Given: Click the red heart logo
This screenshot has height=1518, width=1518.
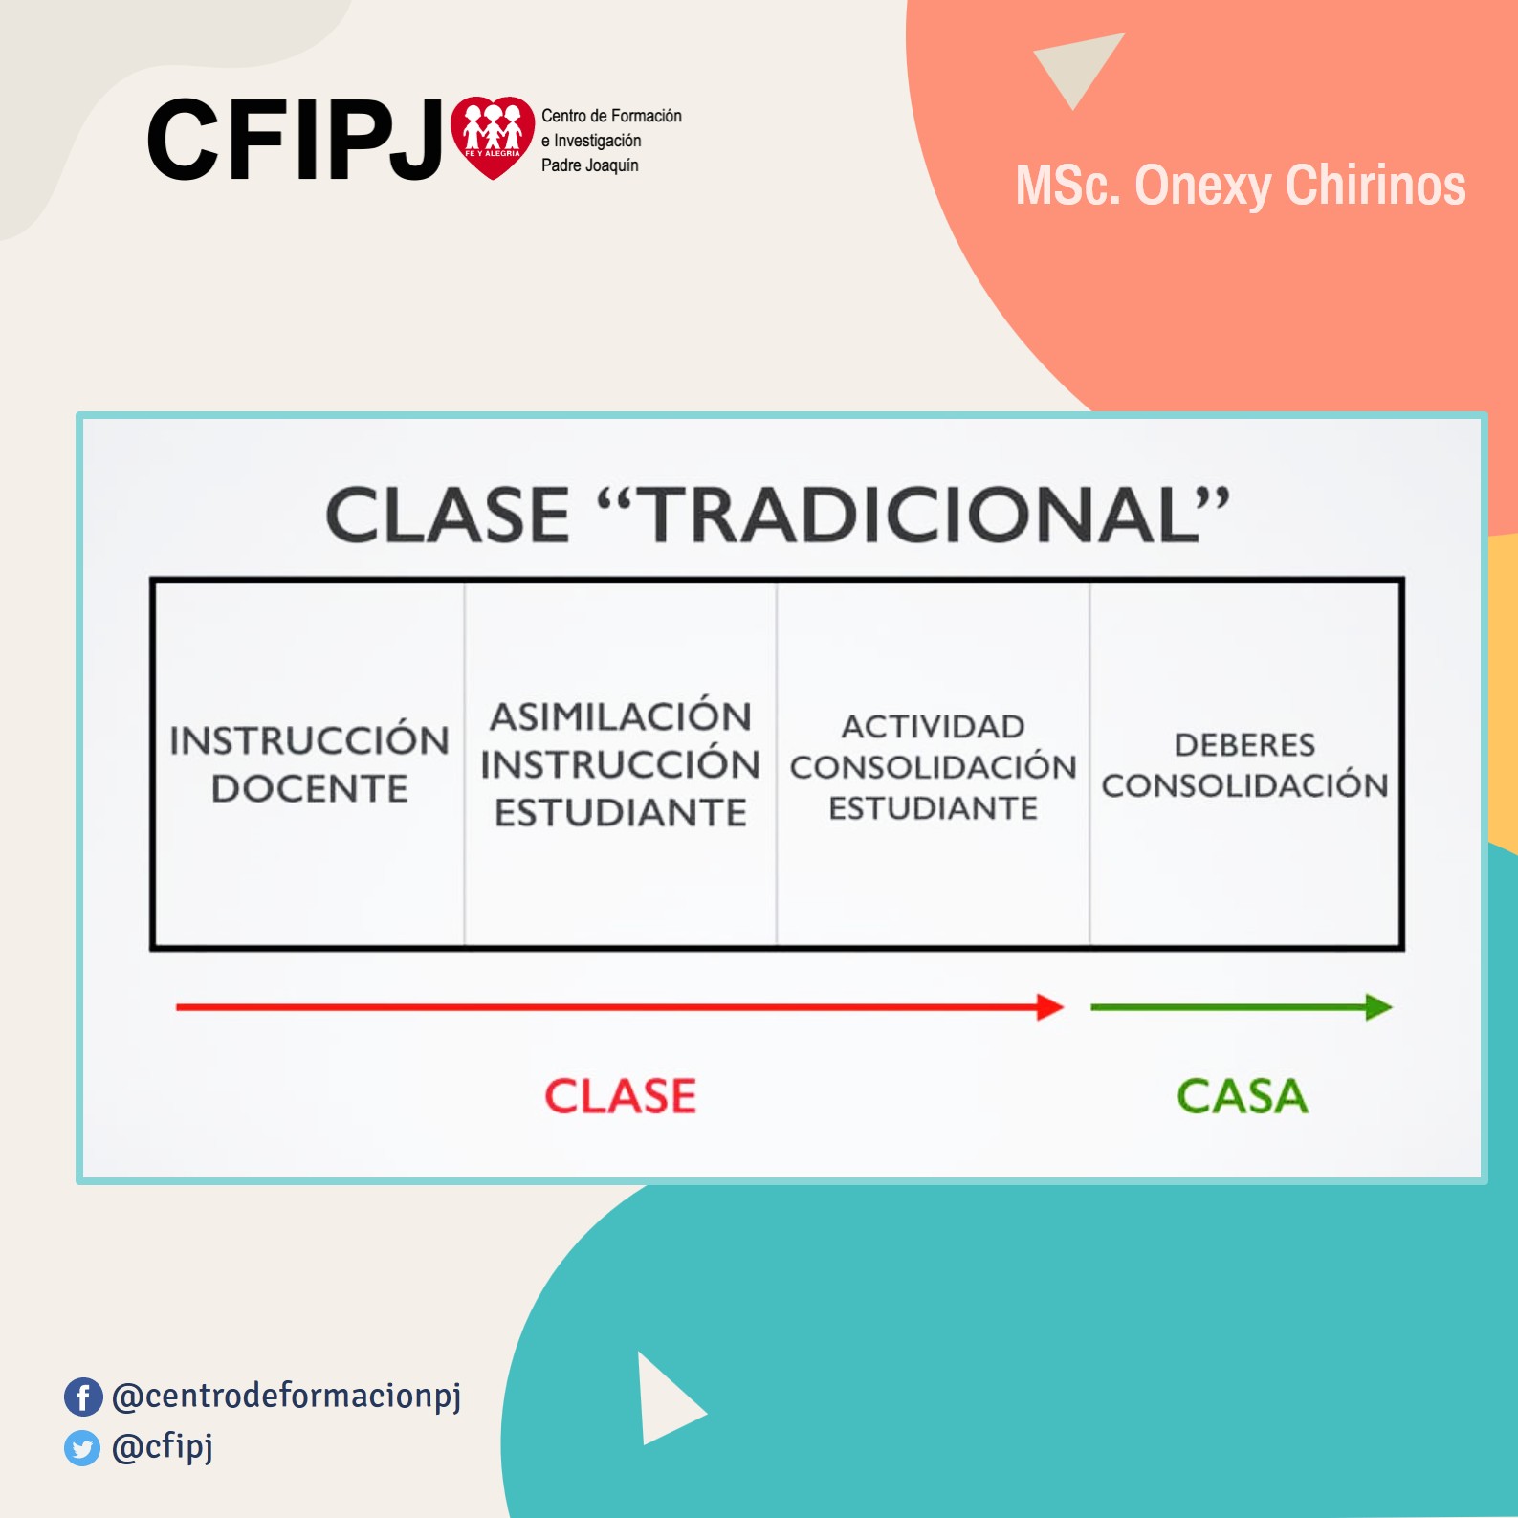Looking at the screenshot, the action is pos(493,137).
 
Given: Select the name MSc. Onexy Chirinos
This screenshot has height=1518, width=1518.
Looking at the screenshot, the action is pos(1241,186).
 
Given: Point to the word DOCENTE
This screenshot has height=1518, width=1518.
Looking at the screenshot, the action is pos(310,789).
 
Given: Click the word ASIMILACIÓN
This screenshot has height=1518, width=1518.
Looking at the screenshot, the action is pos(621,715).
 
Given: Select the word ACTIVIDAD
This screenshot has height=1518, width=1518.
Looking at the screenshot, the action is pos(933,727).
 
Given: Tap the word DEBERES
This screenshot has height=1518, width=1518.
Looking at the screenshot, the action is pos(1244,744).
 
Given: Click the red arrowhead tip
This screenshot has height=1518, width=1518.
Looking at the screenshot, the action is pos(1064,1007).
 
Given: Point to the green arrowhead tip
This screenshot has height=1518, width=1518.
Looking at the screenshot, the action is pos(1392,1007).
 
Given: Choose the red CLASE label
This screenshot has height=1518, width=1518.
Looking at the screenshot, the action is pos(621,1096).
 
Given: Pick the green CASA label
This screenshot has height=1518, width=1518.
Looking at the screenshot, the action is pos(1242,1096).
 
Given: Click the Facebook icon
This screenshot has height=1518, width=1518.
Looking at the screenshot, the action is pos(83,1397).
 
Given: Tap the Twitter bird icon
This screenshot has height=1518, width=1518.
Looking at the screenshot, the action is pos(82,1448).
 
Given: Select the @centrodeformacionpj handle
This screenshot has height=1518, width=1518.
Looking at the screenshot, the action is pos(287,1397).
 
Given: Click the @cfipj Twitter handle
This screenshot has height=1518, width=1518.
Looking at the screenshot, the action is pos(163,1447).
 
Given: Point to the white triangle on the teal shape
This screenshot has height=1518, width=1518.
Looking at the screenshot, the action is pos(667,1399).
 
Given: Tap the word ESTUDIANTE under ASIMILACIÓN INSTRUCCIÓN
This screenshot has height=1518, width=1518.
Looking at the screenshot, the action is pos(621,813).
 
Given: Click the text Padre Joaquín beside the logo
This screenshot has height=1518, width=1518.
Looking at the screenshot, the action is pos(590,165).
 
